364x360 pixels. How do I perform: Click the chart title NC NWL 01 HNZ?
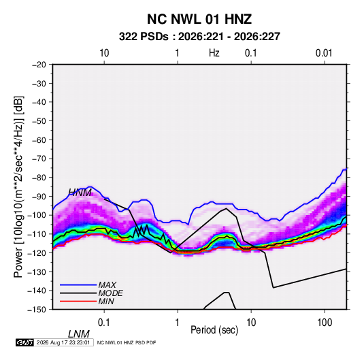tap(199, 19)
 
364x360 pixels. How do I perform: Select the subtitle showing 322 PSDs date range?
tap(199, 37)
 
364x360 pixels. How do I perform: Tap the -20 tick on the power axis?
tap(39, 65)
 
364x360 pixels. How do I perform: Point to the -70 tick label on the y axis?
tap(39, 159)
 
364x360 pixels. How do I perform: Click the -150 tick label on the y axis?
tap(37, 310)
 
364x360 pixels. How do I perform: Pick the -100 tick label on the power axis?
tap(37, 215)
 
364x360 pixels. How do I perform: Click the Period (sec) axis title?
tap(214, 330)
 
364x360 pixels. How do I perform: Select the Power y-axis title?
tap(18, 187)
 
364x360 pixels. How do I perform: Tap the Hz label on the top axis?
tap(214, 53)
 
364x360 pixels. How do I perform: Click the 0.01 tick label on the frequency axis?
tap(324, 53)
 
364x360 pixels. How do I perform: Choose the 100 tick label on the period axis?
tap(325, 323)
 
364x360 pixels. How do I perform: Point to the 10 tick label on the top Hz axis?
tap(104, 53)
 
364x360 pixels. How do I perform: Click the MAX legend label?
tap(107, 285)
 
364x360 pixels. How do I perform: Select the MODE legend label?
tap(110, 293)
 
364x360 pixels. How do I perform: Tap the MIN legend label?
tap(106, 301)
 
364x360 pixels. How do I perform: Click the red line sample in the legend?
tap(78, 301)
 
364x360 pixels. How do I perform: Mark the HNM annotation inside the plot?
tap(80, 193)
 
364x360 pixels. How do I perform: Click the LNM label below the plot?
tap(79, 334)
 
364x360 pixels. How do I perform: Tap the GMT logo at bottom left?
tap(25, 342)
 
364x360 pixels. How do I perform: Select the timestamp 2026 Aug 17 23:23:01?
tap(63, 342)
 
